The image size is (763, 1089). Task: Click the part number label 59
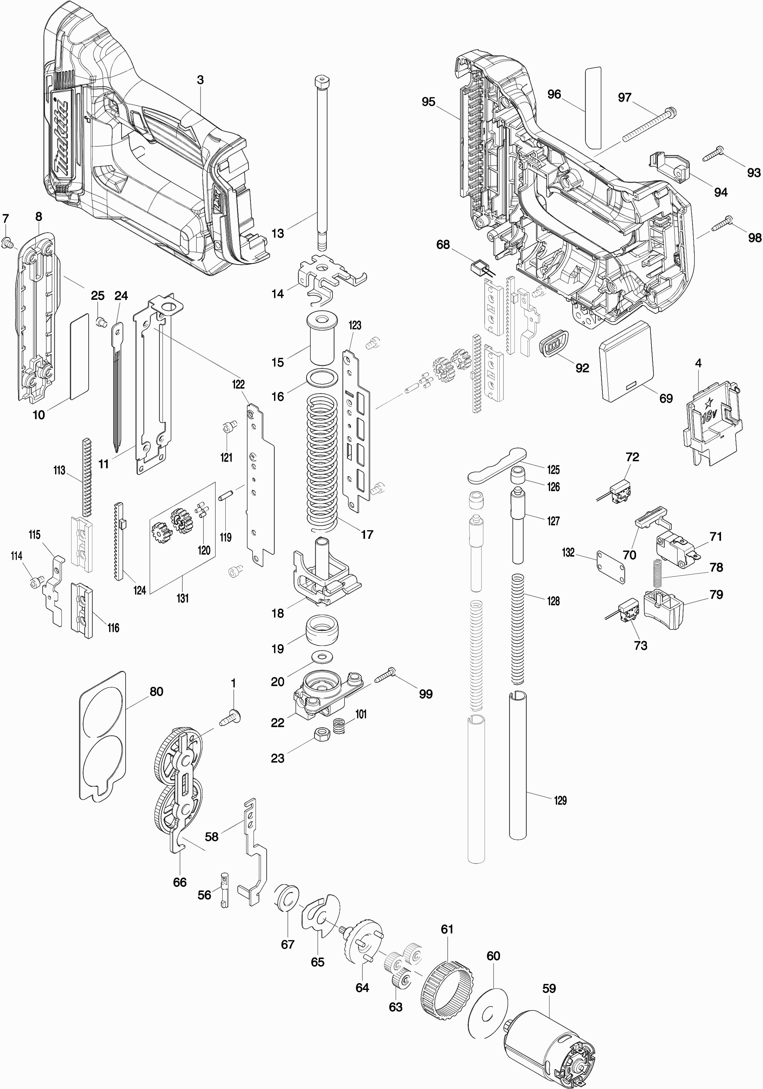(549, 988)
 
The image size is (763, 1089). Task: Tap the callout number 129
(560, 800)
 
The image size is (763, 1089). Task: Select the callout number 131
(183, 598)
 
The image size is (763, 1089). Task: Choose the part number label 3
(200, 80)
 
